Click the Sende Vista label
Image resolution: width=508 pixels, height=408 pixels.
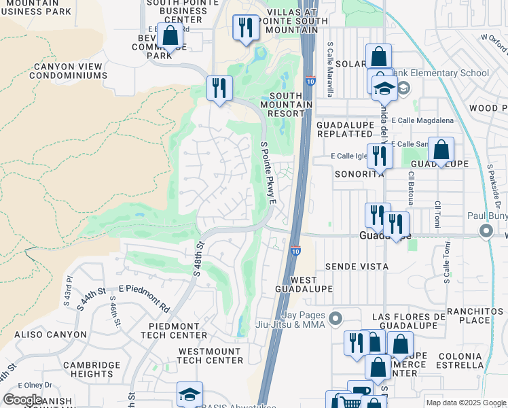tap(357, 267)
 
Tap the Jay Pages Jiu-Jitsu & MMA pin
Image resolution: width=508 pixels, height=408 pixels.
tap(334, 318)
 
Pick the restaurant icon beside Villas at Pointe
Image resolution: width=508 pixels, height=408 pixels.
tap(245, 27)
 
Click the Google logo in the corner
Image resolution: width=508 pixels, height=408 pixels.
tap(23, 400)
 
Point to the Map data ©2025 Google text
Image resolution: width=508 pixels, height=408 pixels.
tap(465, 403)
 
